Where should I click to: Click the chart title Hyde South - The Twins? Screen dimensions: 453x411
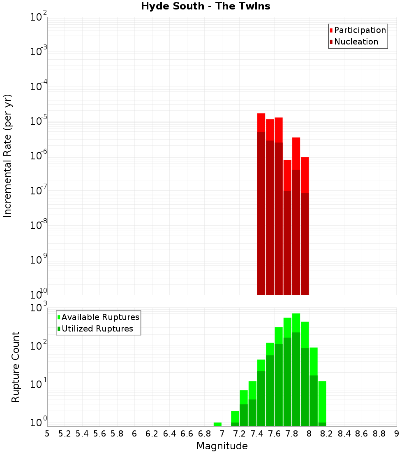point(205,6)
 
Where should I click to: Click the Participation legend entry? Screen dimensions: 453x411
point(358,30)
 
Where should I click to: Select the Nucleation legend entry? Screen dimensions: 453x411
point(353,42)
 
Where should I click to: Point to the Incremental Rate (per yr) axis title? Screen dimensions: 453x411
point(8,156)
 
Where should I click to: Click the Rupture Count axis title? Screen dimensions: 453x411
point(16,367)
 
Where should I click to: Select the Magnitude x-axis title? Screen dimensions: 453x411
point(222,446)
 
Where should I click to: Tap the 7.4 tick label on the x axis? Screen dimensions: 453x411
point(257,434)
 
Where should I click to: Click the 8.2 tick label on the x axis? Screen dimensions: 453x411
point(327,434)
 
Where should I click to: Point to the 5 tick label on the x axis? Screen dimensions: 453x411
point(47,434)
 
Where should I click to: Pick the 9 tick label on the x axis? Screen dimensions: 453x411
point(397,434)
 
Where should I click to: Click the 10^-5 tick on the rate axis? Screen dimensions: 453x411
point(38,121)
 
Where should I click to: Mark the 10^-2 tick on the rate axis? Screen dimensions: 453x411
point(38,17)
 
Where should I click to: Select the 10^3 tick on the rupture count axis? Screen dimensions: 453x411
point(38,308)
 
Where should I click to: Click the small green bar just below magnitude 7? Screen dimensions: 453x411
point(217,424)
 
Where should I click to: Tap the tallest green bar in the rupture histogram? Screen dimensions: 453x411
point(296,371)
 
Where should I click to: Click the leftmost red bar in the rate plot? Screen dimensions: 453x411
point(261,206)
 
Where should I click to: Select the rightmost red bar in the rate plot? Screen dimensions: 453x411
point(305,226)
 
